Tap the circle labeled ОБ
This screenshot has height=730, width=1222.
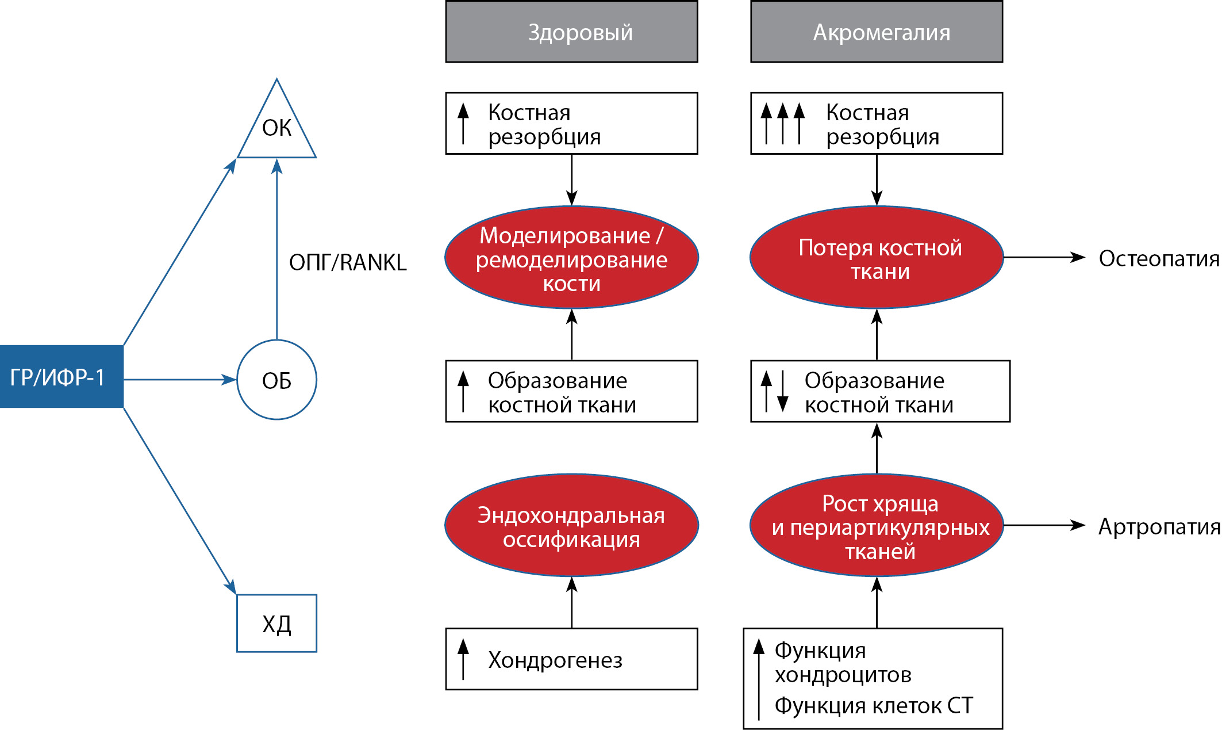point(277,380)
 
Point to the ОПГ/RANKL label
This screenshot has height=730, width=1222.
point(348,262)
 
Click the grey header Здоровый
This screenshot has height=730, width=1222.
point(571,32)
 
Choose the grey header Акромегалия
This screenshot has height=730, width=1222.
point(877,32)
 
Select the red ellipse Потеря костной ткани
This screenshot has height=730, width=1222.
point(877,257)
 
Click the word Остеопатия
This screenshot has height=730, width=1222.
point(1159,259)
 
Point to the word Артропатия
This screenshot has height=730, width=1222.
point(1159,527)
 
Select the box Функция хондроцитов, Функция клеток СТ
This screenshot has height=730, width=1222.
point(873,679)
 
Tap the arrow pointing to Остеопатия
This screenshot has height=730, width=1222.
point(1043,257)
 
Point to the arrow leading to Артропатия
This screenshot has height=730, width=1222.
point(1043,525)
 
